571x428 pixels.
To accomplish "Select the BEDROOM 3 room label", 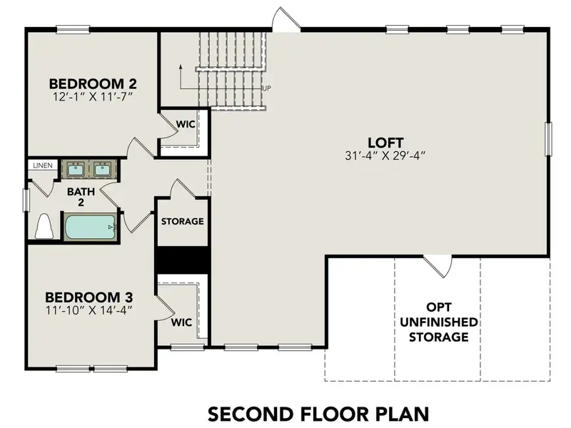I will (x=89, y=297).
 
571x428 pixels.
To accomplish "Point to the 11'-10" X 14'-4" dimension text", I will (x=89, y=310).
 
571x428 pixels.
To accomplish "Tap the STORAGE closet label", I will (x=182, y=221).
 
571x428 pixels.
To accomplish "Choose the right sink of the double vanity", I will (x=103, y=169).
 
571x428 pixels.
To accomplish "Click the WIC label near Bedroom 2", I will (x=185, y=123).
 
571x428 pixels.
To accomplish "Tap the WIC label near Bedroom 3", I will (x=182, y=322).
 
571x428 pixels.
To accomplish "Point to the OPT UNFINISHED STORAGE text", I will (x=438, y=322).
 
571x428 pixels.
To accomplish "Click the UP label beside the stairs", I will (x=267, y=88).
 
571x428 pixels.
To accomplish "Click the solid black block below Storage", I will (x=182, y=260).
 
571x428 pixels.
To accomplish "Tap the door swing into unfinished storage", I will (x=438, y=267).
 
